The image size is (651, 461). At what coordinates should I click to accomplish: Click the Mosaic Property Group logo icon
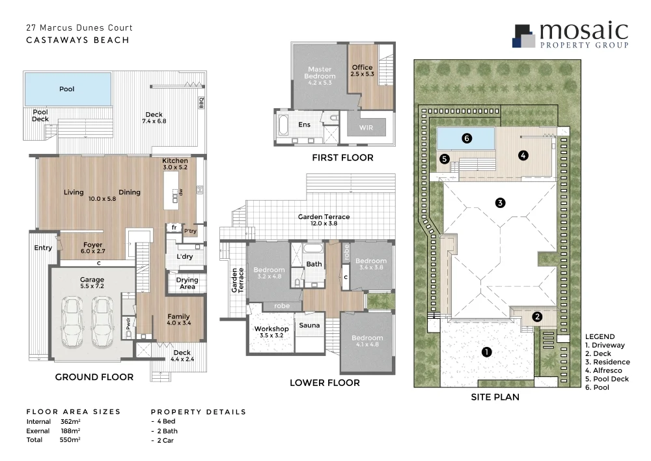(525, 36)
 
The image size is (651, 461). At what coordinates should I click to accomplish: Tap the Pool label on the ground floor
(67, 89)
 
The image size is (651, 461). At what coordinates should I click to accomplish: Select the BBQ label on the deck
(201, 104)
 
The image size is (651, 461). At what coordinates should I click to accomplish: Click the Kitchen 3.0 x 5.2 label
(175, 164)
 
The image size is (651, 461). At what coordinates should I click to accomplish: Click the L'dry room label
(184, 257)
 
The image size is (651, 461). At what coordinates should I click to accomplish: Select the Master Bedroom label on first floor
(319, 76)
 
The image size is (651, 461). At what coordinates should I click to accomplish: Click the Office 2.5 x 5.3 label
(363, 70)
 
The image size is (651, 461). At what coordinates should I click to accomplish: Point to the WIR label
(367, 128)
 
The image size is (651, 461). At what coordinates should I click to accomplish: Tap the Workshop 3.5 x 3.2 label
(271, 333)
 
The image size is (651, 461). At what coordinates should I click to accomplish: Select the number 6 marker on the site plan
(465, 138)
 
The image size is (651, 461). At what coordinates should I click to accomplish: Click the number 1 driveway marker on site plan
(486, 352)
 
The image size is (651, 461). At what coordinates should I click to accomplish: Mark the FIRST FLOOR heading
(342, 157)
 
